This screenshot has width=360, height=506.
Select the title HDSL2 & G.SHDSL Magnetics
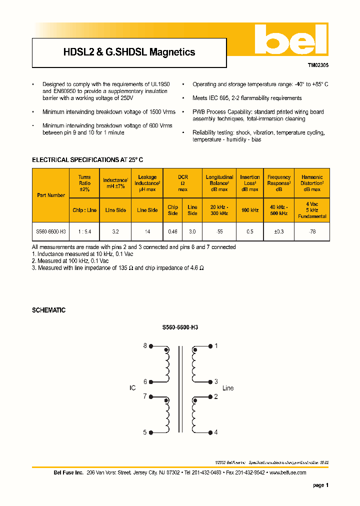point(129,52)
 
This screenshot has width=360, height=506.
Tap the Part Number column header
point(51,195)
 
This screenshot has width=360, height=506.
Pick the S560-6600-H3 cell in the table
point(51,232)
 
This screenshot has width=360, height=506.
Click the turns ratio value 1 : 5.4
point(84,232)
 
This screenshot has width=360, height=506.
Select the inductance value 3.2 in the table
point(115,232)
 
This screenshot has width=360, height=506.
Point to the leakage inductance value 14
point(147,232)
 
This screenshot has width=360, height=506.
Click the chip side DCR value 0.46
point(172,232)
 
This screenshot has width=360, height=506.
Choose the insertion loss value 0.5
point(249,232)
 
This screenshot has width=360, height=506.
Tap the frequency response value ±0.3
point(278,232)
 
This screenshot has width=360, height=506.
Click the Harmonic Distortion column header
point(312,183)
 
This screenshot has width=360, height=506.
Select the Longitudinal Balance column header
point(219,183)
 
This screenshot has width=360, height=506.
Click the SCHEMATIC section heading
point(48,310)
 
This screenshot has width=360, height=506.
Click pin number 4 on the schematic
point(216,432)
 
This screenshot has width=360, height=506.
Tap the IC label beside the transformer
point(132,388)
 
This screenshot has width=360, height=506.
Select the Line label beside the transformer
point(227,388)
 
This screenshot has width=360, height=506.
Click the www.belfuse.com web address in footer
point(287,472)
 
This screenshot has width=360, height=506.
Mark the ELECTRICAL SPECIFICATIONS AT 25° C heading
point(87,160)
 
